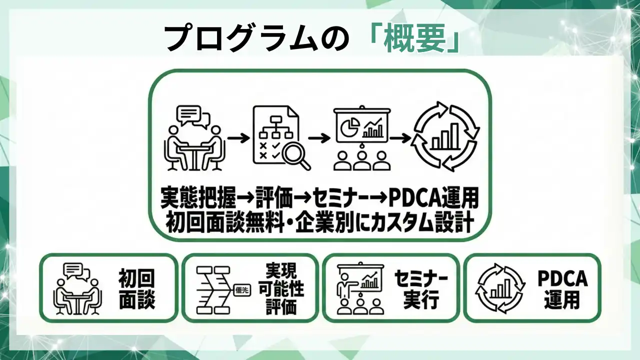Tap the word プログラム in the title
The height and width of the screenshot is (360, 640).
239,38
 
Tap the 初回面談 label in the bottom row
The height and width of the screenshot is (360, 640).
136,288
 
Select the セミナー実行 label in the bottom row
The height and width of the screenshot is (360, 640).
421,288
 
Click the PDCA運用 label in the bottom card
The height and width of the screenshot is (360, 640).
562,288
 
